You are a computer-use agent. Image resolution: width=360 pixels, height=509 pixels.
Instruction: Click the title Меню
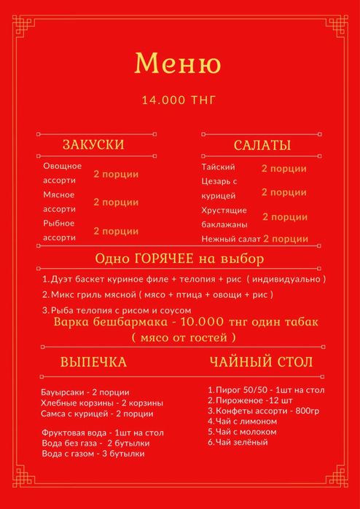(179, 63)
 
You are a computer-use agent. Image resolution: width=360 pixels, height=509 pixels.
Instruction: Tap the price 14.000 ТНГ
(179, 100)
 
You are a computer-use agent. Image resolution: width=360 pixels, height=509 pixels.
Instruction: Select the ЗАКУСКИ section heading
(93, 145)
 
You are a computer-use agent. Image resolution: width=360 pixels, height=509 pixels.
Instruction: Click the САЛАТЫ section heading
(262, 146)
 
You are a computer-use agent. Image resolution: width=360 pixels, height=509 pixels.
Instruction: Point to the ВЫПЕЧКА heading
(93, 362)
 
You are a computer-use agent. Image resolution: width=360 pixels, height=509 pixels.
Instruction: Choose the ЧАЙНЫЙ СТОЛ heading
(262, 362)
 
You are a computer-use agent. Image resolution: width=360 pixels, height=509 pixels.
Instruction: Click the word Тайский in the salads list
(218, 167)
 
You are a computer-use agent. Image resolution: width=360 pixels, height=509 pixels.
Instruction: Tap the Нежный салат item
(230, 238)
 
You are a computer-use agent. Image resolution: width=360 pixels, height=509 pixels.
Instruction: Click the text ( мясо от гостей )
(184, 338)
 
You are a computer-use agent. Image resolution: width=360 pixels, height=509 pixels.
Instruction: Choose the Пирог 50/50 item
(265, 390)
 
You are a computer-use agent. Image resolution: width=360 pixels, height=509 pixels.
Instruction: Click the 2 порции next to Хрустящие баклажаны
(284, 217)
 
